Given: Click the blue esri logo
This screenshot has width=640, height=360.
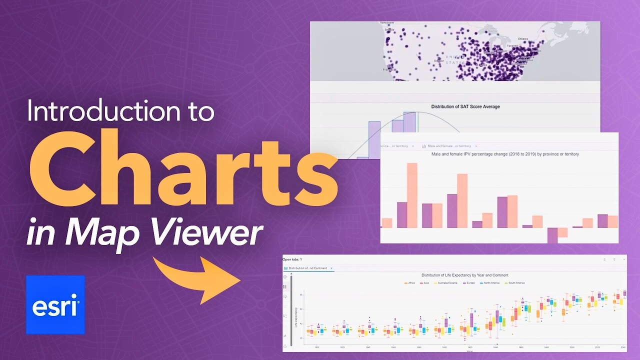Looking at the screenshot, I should coord(55,304).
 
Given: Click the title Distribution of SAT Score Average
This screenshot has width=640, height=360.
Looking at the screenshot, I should coord(465,106).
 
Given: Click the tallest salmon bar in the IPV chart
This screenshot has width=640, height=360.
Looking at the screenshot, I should coord(412,195).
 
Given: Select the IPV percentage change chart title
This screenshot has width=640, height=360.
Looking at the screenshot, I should coord(505,154).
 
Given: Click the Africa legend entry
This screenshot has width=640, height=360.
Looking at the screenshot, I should coord(409,283).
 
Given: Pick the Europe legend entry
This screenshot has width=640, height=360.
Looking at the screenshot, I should coord(469,283).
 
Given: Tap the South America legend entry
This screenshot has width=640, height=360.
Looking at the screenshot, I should coord(515,283).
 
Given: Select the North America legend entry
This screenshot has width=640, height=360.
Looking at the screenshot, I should coord(491,283).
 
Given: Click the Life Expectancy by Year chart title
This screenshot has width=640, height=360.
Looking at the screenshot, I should coord(464,275).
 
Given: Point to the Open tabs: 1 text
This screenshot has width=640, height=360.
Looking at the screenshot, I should coord(292,259).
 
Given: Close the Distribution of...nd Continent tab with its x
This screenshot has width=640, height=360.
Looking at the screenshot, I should coord(331,268).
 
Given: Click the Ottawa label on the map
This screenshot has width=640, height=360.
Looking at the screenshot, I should coord(523,38).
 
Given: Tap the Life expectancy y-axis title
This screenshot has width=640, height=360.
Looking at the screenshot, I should coord(296,317).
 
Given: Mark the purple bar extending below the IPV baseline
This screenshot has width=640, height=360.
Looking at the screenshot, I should coord(552,235).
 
